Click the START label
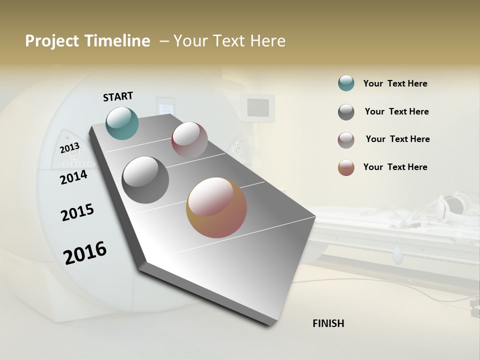[x=118, y=96]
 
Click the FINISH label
[x=328, y=323]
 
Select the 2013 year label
[x=69, y=148]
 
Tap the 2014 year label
[x=73, y=177]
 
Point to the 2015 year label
[x=77, y=212]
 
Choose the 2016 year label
[x=85, y=252]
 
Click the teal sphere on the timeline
[x=122, y=123]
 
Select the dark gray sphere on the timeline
[x=145, y=180]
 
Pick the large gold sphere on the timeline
[x=216, y=207]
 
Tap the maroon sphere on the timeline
[x=189, y=140]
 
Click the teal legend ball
[x=346, y=83]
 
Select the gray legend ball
[x=346, y=112]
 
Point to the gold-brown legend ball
[x=346, y=167]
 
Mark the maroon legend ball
[x=346, y=140]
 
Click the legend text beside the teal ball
[x=395, y=83]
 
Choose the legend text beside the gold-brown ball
[x=395, y=167]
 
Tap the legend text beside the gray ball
[x=396, y=111]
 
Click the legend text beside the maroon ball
[x=397, y=139]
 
